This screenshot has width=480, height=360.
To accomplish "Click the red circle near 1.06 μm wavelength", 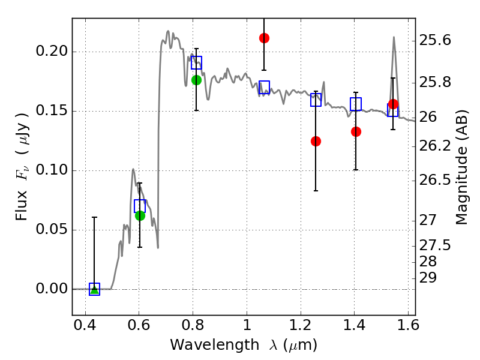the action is [264, 38].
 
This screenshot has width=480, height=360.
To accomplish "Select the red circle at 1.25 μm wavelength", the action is [316, 141].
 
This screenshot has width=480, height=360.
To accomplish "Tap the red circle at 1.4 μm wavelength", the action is [356, 131].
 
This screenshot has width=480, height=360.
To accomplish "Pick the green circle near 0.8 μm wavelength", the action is [196, 80].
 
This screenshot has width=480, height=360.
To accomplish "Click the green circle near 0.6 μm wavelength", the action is [140, 215].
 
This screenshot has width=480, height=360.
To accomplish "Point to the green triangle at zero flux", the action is [95, 290].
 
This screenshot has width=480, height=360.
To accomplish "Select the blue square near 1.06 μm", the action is [264, 87].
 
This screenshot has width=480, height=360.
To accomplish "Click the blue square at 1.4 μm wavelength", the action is [356, 104].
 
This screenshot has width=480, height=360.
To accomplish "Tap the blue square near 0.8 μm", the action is [196, 63].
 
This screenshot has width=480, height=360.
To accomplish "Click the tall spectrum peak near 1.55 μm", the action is [394, 37].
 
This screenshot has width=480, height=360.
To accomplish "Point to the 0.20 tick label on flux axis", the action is [52, 51].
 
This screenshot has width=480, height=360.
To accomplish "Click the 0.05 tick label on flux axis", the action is [52, 229].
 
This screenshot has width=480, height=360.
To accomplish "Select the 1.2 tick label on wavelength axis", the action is [301, 325].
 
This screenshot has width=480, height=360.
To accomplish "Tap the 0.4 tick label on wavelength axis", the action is [85, 325].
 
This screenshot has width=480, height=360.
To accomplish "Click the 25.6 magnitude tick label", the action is [434, 40].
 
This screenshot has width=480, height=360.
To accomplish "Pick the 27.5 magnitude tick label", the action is [434, 245].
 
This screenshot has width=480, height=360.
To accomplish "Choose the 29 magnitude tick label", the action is [428, 278].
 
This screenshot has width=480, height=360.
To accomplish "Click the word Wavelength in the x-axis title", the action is [214, 345].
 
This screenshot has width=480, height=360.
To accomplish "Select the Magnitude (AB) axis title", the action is [461, 167].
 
